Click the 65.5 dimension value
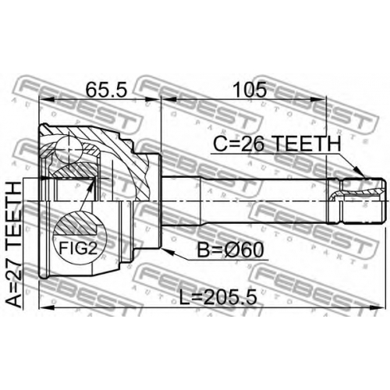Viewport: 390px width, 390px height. [x=106, y=90]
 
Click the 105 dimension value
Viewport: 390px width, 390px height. [x=250, y=90]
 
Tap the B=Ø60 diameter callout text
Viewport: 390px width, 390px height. [x=230, y=250]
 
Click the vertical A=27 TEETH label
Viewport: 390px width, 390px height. [x=13, y=244]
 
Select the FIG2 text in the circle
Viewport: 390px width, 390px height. [x=78, y=248]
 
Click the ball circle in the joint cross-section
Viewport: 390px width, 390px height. [x=69, y=150]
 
